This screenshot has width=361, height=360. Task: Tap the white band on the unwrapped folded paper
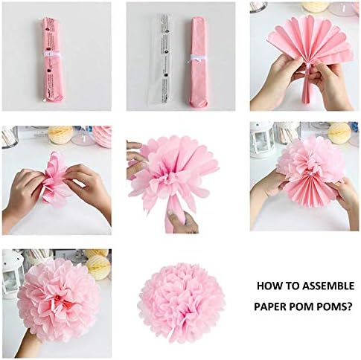(x=197, y=57)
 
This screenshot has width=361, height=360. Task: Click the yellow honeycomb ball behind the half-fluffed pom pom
(x=339, y=132)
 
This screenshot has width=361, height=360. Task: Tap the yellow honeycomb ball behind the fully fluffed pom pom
(x=98, y=265)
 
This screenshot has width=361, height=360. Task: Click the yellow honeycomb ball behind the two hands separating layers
(x=60, y=135)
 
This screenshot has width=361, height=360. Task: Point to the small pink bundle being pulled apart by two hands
(x=55, y=179)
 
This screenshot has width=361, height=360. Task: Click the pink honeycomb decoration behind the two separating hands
(x=102, y=135)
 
